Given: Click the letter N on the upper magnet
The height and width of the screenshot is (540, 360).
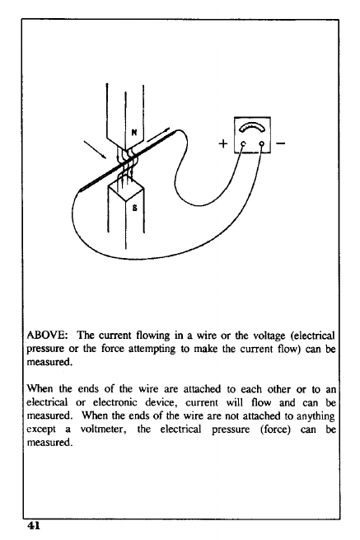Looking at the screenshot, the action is click(134, 132).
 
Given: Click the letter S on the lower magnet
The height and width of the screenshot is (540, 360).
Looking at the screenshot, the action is click(134, 208).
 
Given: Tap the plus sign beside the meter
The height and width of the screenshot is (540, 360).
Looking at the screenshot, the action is click(223, 143).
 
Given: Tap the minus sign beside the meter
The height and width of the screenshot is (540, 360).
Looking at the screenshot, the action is click(280, 143).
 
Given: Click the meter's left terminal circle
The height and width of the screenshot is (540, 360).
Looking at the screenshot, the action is click(243, 143).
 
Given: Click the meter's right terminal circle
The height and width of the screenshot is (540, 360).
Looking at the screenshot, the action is click(262, 143).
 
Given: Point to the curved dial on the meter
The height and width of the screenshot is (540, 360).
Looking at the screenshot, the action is click(252, 127).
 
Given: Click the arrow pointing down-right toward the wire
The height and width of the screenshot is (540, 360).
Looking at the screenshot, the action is click(95, 149).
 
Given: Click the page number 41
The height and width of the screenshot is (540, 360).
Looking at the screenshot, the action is click(34, 525).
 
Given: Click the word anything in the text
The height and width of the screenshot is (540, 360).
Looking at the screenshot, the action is click(316, 416).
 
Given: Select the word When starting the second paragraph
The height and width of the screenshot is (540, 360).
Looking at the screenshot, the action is click(40, 389).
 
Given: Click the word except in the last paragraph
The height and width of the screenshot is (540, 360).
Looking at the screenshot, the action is click(41, 430).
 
